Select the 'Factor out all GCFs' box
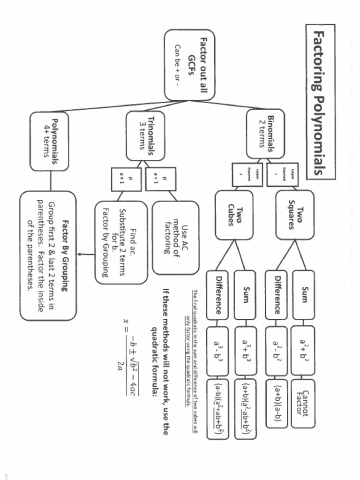pos(189,65)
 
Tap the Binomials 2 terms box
pos(265,134)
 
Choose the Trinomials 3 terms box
pos(145,135)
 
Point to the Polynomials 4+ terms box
pos(49,141)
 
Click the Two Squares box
pos(295,215)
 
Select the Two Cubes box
pos(234,215)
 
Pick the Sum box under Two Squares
pos(303,294)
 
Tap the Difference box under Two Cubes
pos(217,294)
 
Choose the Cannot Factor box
pos(302,403)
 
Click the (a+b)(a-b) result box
pos(276,403)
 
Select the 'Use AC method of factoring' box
pos(175,237)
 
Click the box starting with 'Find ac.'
pos(121,242)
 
